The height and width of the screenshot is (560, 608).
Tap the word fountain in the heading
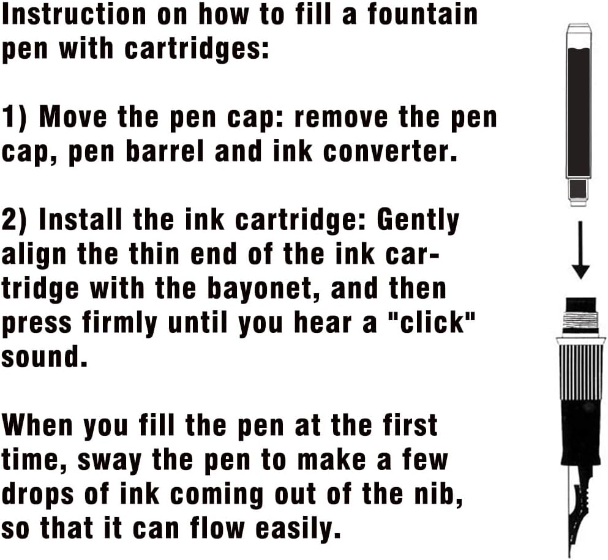pyautogui.click(x=422, y=14)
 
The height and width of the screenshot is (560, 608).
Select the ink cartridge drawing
pyautogui.click(x=579, y=113)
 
